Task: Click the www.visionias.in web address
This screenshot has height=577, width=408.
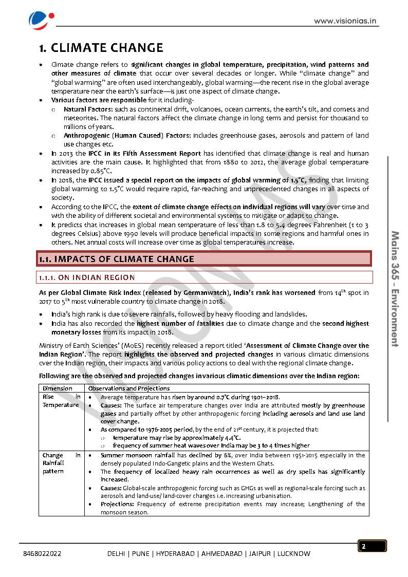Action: (346, 21)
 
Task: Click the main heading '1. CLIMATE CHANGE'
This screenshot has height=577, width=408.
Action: (101, 48)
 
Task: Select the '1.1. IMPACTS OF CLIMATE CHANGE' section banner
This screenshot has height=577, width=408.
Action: (205, 258)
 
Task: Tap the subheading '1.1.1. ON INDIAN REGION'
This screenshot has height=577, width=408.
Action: (87, 277)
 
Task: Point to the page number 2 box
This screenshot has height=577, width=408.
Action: (372, 546)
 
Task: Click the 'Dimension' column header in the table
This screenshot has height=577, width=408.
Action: (58, 388)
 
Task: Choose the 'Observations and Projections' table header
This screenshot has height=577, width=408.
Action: (129, 388)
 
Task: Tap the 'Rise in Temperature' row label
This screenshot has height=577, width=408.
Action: (61, 401)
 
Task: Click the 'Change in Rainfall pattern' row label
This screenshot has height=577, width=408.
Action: (61, 463)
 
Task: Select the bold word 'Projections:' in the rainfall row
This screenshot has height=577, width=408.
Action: (118, 504)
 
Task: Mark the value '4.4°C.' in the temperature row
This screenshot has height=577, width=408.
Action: (229, 438)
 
